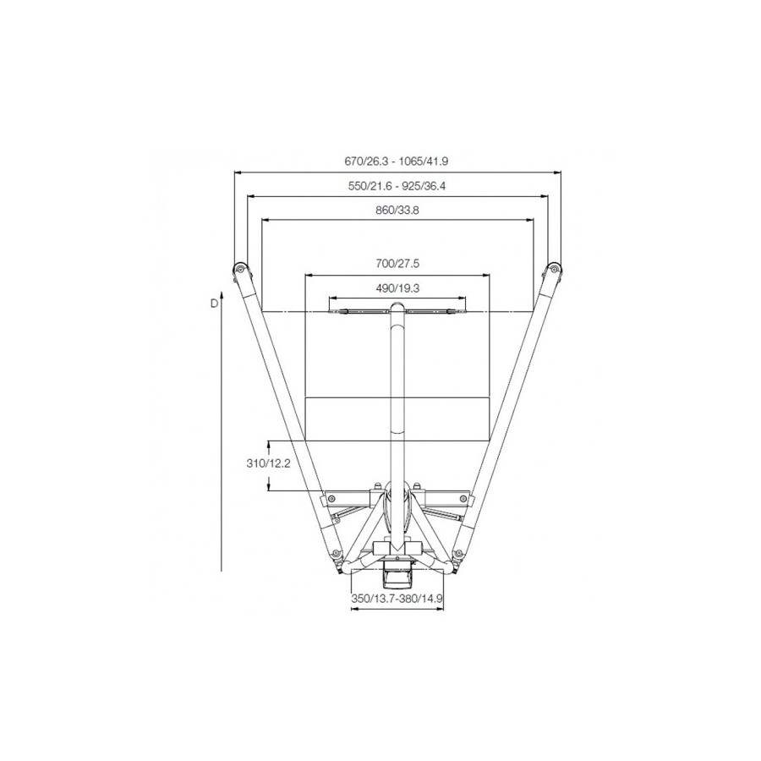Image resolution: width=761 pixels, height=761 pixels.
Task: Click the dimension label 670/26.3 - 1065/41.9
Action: click(x=401, y=160)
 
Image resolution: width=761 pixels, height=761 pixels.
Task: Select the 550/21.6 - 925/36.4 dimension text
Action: click(x=397, y=185)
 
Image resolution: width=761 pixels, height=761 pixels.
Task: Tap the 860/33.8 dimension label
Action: click(x=397, y=210)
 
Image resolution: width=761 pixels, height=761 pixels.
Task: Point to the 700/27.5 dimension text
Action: click(x=397, y=263)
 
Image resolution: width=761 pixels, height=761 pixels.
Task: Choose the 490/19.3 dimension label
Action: click(x=397, y=287)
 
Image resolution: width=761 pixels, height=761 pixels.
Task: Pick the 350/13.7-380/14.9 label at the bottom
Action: click(x=397, y=597)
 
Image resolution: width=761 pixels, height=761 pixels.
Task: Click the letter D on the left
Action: click(x=215, y=302)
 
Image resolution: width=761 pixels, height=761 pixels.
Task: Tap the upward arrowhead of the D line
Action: click(x=221, y=293)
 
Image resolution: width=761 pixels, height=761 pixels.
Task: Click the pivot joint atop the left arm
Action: click(x=239, y=270)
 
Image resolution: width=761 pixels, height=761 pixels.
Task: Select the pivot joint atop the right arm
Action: click(x=555, y=269)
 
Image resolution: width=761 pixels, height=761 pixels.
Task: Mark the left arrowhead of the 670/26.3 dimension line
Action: click(x=238, y=172)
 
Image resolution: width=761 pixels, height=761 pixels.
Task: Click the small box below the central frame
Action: click(x=397, y=578)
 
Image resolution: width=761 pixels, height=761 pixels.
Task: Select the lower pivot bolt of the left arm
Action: click(x=337, y=556)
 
